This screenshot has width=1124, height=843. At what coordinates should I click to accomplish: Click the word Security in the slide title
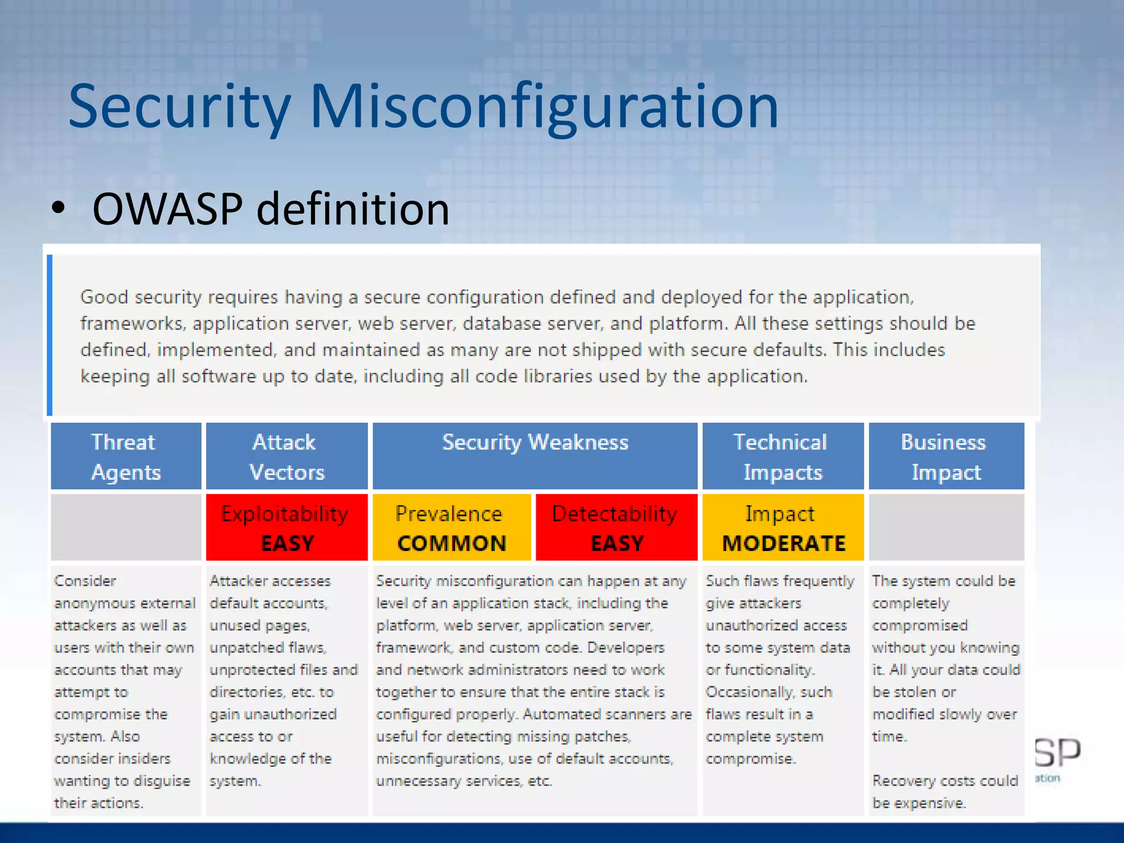tap(179, 107)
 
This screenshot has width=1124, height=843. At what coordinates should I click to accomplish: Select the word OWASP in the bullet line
tap(167, 209)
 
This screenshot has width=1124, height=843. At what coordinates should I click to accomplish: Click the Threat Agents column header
tap(126, 456)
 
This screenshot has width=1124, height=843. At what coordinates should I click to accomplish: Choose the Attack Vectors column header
tap(286, 456)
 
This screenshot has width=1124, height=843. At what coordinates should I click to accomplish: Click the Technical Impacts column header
tap(782, 456)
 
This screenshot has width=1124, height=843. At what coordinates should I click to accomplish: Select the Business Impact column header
tap(946, 456)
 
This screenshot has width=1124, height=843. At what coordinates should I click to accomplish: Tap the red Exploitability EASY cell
tap(286, 527)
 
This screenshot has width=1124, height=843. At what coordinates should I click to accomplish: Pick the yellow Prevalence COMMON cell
tap(451, 527)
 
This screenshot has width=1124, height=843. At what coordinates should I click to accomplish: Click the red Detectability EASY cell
tap(616, 527)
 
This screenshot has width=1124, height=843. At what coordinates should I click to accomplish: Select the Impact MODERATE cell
tap(783, 527)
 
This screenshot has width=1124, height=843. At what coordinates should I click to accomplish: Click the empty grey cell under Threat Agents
tap(126, 527)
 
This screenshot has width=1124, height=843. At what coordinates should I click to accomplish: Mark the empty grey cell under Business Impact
tap(946, 527)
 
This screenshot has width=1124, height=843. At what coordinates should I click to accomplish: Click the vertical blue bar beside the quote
tap(50, 335)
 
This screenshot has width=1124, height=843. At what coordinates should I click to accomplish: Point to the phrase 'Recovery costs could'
tap(945, 780)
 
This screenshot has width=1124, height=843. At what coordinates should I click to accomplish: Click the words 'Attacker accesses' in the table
tap(270, 581)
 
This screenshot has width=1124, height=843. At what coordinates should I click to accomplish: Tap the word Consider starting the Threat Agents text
tap(85, 581)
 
